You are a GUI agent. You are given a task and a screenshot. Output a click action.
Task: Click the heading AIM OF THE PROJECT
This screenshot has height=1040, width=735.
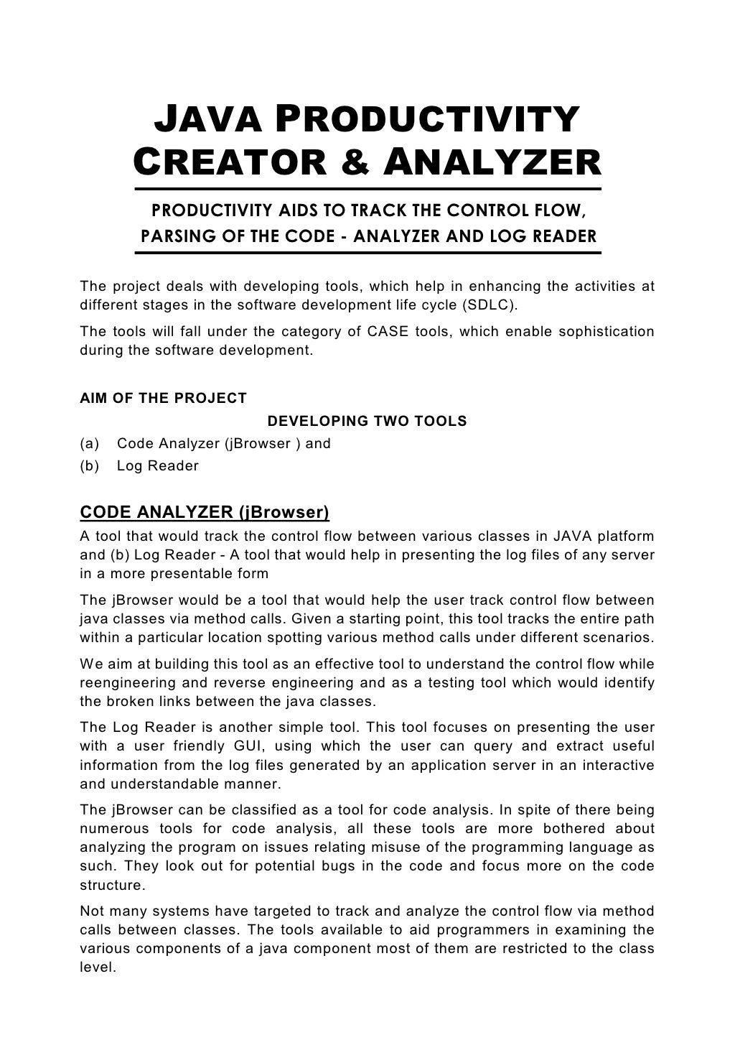163,398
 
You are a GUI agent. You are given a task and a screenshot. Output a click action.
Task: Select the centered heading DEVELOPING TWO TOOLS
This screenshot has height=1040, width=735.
367,421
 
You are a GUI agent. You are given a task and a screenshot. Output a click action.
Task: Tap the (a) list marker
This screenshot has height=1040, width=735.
90,443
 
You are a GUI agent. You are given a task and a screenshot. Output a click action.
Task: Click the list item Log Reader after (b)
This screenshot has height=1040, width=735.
158,465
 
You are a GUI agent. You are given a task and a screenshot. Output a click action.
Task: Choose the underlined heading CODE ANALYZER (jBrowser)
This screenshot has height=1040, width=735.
205,512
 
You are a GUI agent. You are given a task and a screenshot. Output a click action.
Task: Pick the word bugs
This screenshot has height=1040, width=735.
338,866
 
